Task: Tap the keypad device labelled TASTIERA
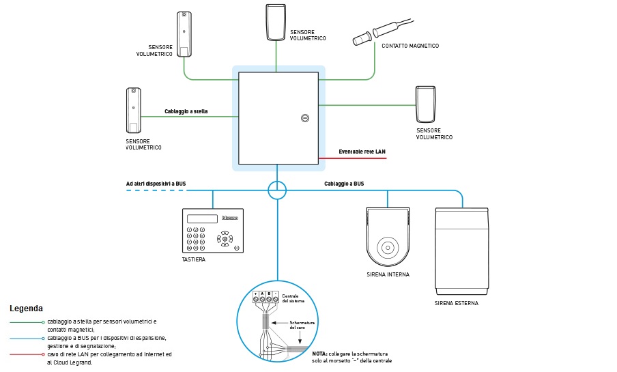click(x=212, y=230)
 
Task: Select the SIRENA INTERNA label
click(x=388, y=274)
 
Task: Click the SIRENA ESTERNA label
click(x=457, y=303)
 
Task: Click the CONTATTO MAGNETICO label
click(x=410, y=46)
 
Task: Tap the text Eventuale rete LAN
click(x=362, y=151)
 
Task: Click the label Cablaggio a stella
click(x=186, y=111)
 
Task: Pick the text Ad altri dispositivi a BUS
click(x=156, y=183)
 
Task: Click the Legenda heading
click(x=26, y=309)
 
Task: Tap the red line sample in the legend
click(x=26, y=354)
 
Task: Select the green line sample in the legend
click(x=26, y=321)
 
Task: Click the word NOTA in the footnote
click(x=319, y=354)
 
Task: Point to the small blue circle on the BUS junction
click(x=277, y=190)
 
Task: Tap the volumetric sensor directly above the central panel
click(x=276, y=23)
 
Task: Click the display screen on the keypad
click(x=202, y=218)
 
